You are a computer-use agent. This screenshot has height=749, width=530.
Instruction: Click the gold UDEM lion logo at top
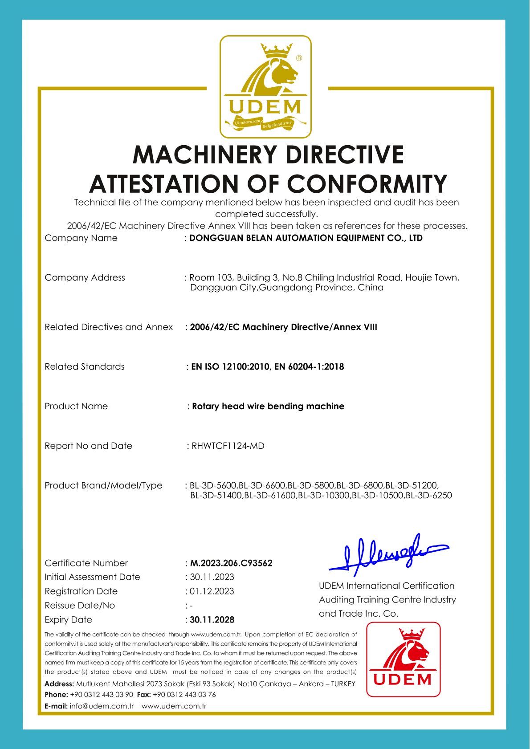pos(265,86)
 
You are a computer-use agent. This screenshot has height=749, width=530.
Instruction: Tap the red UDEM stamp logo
pos(403,659)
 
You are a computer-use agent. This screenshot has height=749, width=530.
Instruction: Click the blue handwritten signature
pos(387,554)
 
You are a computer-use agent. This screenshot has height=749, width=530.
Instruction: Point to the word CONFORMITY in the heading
pos(367,184)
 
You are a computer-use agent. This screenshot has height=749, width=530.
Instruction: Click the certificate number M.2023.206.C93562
pos(231,563)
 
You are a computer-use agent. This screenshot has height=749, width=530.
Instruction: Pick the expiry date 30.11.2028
pos(212,619)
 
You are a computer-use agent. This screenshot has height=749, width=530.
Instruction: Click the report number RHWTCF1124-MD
pos(228,446)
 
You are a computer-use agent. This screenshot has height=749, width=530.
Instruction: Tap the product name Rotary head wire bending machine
pos(268,406)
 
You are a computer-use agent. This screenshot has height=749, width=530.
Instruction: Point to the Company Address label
pos(85,277)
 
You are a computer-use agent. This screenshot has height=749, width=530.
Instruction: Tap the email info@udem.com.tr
pos(102,706)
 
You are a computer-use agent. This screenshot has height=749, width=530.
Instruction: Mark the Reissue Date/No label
pos(80,605)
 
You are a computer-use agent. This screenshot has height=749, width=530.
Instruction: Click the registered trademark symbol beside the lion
pos(299,58)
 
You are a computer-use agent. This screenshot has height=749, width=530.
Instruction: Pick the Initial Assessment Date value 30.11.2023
pos(212,577)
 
